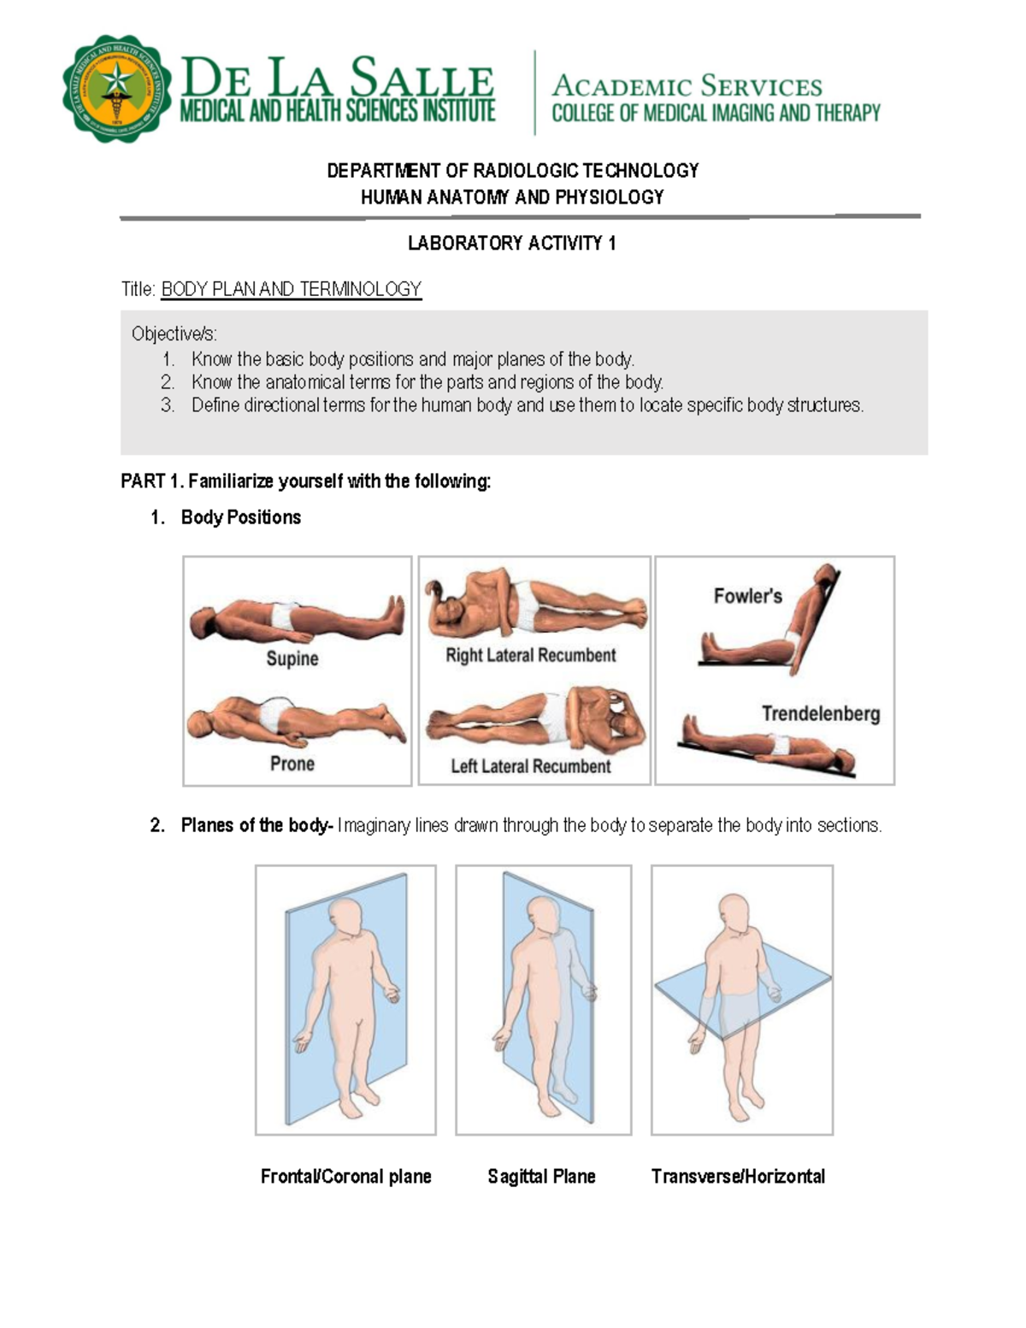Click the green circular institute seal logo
[117, 89]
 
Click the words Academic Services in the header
[687, 86]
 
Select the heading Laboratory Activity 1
[511, 244]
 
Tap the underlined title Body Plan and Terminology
[291, 289]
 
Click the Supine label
[292, 658]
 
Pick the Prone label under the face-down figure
[292, 763]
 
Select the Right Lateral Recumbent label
[530, 655]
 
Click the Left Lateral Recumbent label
[530, 766]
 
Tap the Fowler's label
[747, 596]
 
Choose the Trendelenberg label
[820, 713]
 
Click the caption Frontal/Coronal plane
[345, 1177]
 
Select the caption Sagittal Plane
[541, 1177]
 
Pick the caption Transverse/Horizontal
[738, 1177]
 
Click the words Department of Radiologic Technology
[512, 171]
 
